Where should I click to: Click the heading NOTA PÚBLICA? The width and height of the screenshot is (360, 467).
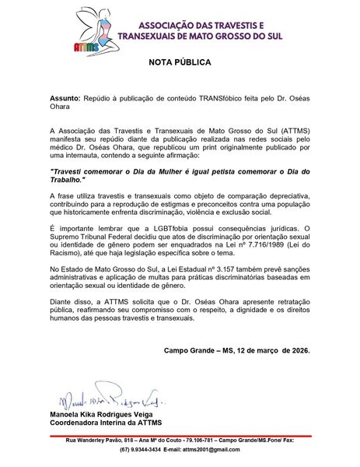pyautogui.click(x=180, y=61)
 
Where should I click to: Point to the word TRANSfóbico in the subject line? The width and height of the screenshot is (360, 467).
pyautogui.click(x=208, y=101)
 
